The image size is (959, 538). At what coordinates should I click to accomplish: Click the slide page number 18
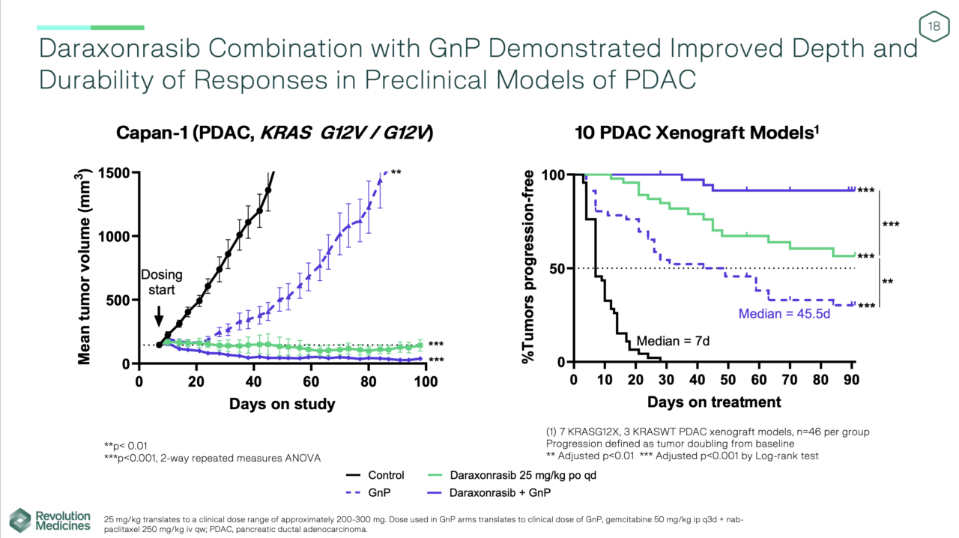tap(934, 27)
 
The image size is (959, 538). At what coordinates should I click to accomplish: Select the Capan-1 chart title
tap(274, 133)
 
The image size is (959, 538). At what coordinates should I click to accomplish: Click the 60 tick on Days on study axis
tap(311, 381)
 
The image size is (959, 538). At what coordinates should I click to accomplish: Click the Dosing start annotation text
tap(161, 282)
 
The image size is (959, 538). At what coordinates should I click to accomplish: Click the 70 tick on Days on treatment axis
tap(790, 379)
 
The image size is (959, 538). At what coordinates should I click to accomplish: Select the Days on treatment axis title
tap(714, 402)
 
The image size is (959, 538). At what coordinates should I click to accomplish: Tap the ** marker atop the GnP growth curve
tap(396, 172)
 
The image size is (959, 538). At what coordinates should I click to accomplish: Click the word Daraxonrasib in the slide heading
tap(120, 49)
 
